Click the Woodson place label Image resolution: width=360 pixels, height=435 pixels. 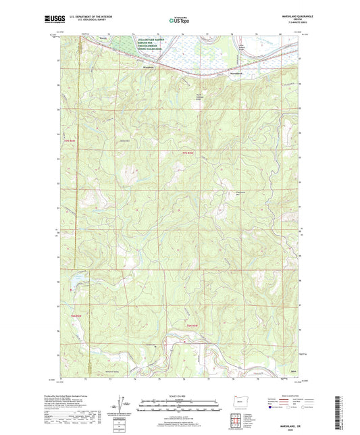point(149,67)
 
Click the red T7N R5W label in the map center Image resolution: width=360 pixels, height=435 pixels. point(188,154)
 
